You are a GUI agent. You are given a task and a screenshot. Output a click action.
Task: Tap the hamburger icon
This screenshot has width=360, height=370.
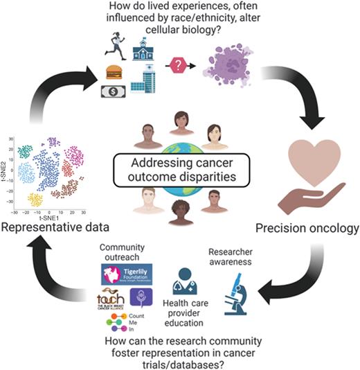113,72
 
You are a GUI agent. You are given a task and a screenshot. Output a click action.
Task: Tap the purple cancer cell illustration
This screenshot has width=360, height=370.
228,69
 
